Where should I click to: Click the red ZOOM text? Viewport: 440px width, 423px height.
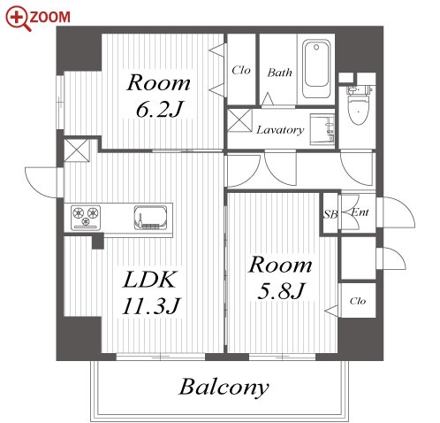tap(49, 17)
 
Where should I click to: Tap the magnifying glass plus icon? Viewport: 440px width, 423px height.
tap(19, 19)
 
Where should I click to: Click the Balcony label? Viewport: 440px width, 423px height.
tap(224, 387)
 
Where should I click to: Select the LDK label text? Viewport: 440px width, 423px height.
tap(149, 279)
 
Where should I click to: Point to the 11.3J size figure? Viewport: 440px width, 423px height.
tap(150, 306)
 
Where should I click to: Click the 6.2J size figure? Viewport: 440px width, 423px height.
tap(159, 110)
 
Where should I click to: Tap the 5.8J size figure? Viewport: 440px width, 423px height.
tap(280, 291)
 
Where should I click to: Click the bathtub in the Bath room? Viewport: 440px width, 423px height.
tap(316, 69)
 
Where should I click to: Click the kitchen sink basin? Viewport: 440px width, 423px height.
tap(150, 218)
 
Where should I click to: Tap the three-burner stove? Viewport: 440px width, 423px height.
tap(86, 218)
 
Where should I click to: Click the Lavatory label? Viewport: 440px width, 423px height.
tap(280, 130)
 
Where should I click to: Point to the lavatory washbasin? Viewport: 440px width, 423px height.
tap(322, 129)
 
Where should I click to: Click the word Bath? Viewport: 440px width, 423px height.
tap(280, 73)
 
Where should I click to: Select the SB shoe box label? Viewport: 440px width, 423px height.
tap(330, 214)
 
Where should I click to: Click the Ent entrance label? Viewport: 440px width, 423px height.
tap(360, 212)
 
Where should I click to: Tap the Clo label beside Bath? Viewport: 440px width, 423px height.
tap(241, 70)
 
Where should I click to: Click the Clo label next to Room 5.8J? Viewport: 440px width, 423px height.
tap(358, 301)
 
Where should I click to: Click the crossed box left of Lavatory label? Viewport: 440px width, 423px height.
tap(240, 120)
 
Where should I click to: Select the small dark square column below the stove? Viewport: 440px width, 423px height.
tap(98, 242)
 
